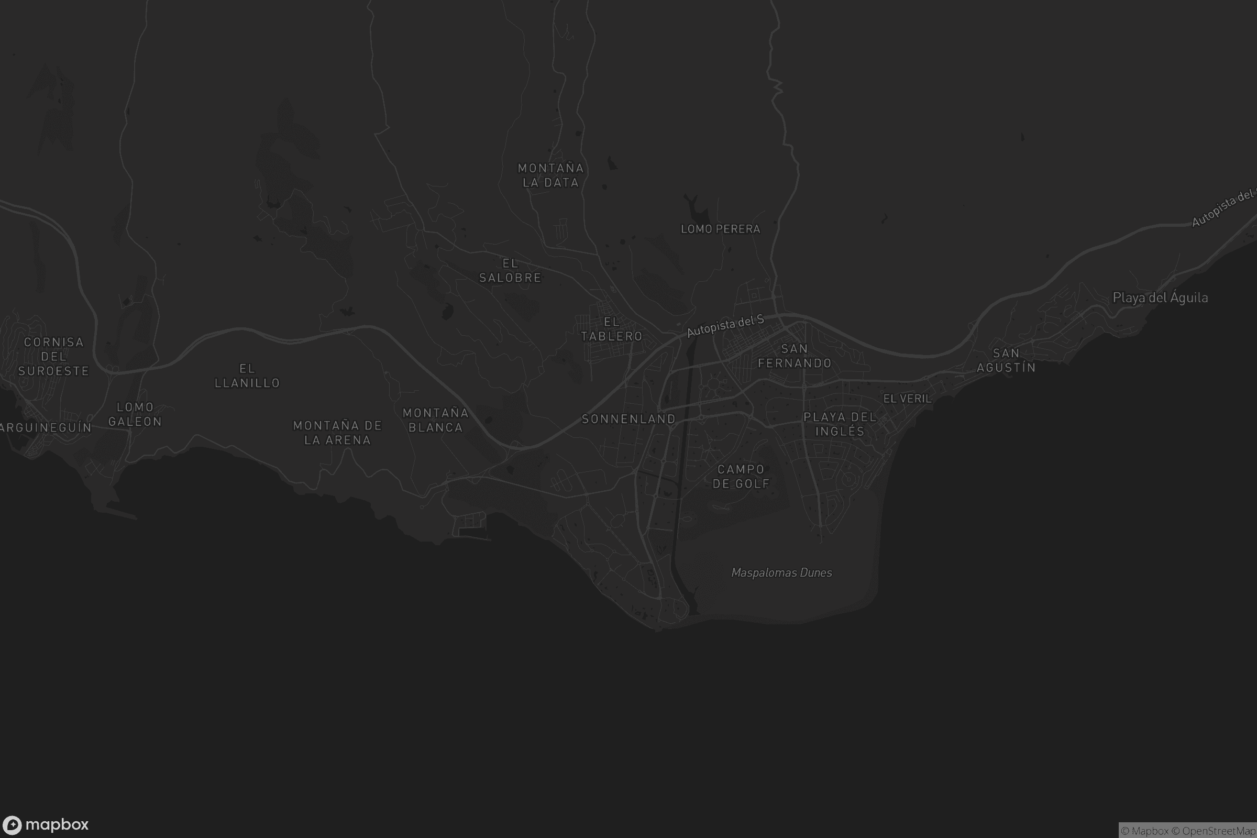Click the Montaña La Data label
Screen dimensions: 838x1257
[550, 175]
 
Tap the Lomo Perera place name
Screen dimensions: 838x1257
[720, 229]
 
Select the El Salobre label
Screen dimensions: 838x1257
[510, 270]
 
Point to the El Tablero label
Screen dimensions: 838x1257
[611, 329]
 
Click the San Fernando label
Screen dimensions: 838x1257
[794, 356]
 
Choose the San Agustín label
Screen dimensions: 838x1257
[1006, 360]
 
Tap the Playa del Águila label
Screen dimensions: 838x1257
[1160, 297]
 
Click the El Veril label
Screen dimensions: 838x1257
[907, 399]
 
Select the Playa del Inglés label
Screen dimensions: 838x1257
[840, 424]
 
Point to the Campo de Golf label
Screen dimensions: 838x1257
[741, 476]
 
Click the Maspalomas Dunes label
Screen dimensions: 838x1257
[781, 573]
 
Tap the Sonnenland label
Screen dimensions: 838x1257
[629, 419]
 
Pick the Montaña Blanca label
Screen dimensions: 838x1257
[435, 420]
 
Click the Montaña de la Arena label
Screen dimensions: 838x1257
[337, 433]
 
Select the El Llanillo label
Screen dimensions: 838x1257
[247, 376]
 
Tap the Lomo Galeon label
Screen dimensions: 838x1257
[135, 414]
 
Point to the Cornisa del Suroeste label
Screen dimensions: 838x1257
[53, 357]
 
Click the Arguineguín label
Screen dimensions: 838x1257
[46, 427]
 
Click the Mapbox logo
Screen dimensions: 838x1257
[45, 824]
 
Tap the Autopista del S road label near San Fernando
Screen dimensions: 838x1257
[725, 326]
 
